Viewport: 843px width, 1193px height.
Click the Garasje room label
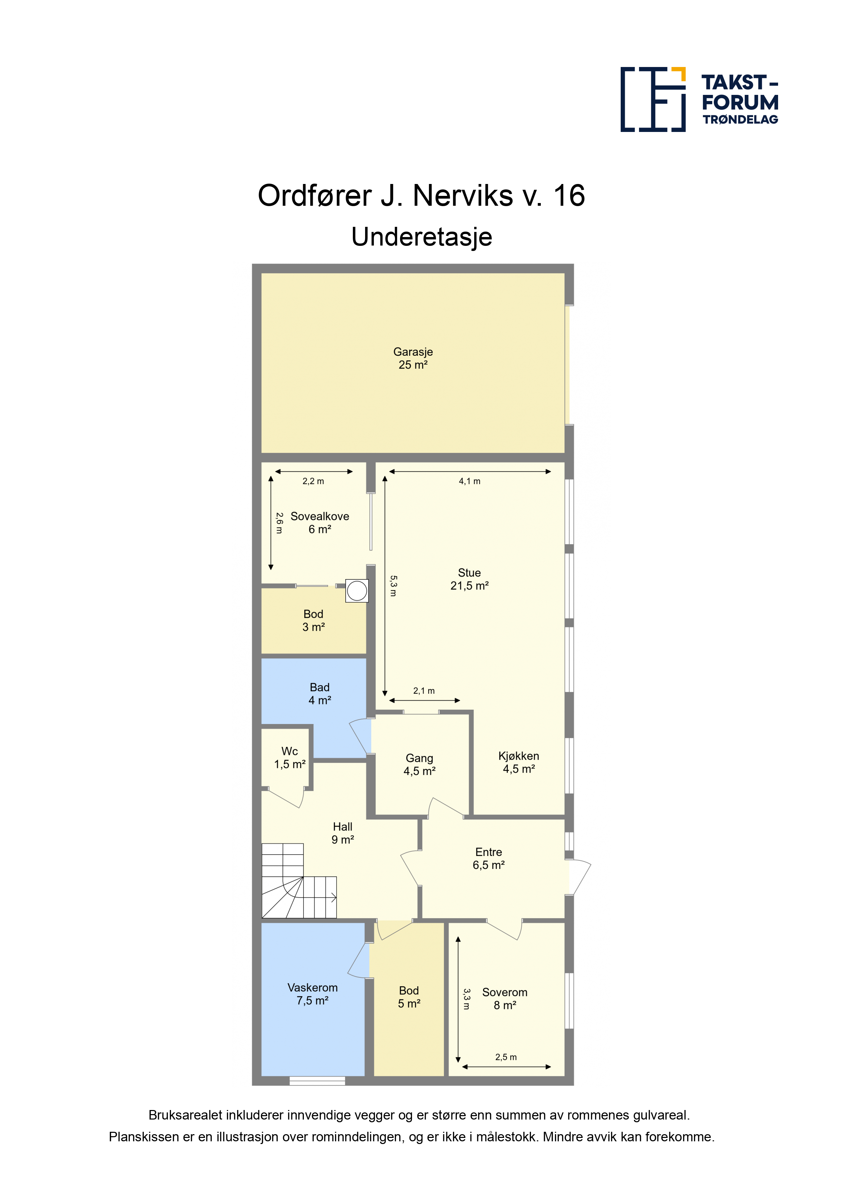[413, 358]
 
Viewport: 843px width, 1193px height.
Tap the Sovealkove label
[320, 523]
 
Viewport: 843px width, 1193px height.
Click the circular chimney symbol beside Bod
[357, 591]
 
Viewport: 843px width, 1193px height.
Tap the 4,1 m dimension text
[469, 481]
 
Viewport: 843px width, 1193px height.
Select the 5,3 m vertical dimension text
[393, 586]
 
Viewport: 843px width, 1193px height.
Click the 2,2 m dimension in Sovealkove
[313, 481]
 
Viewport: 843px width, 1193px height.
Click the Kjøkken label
[519, 762]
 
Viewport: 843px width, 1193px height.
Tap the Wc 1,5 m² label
[290, 758]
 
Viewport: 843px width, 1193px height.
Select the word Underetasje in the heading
[422, 237]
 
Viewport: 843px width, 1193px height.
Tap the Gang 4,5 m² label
[420, 764]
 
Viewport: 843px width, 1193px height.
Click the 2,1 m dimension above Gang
[424, 691]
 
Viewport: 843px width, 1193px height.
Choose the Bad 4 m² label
[320, 694]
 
